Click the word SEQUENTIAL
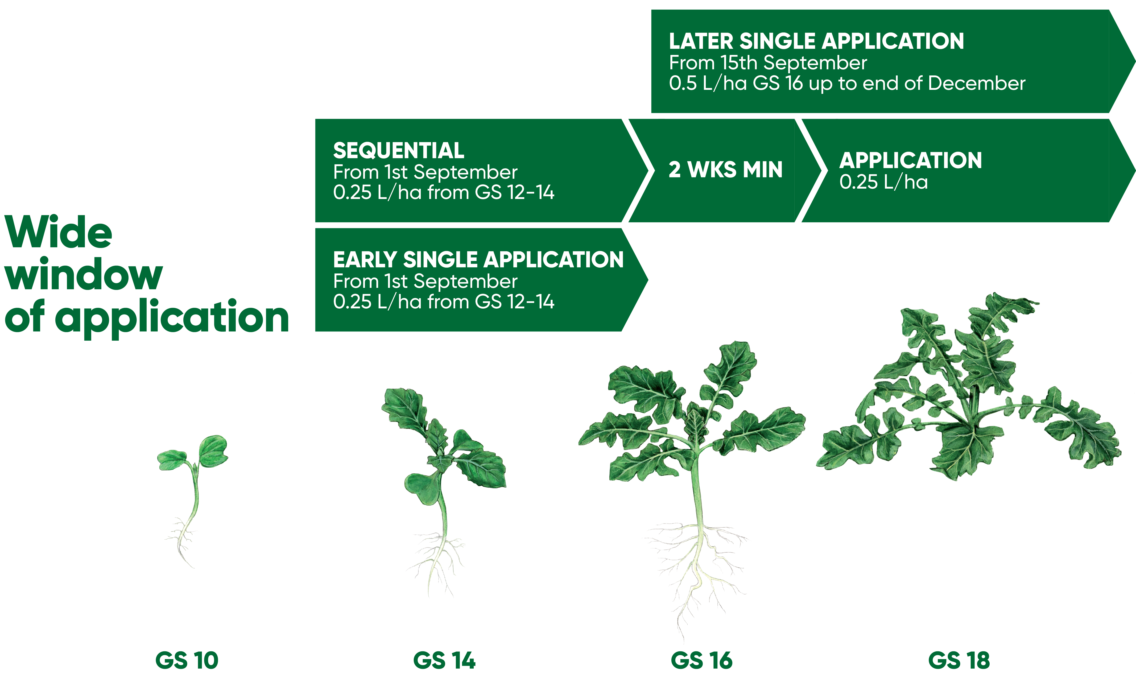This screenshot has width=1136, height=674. click(399, 150)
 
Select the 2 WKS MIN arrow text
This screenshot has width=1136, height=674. click(726, 170)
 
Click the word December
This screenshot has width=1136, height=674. click(977, 83)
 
